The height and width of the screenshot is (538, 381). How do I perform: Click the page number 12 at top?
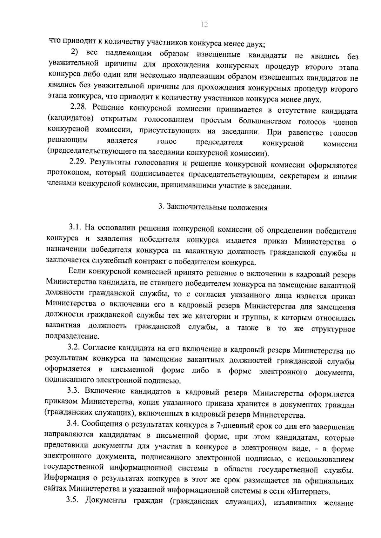[x=204, y=25]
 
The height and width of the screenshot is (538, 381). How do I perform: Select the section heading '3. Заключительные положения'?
[x=213, y=208]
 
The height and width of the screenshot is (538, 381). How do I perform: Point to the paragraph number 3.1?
[x=75, y=228]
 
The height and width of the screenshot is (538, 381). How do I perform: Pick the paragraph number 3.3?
[x=73, y=391]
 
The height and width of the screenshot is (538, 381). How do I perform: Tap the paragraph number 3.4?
[x=73, y=423]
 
